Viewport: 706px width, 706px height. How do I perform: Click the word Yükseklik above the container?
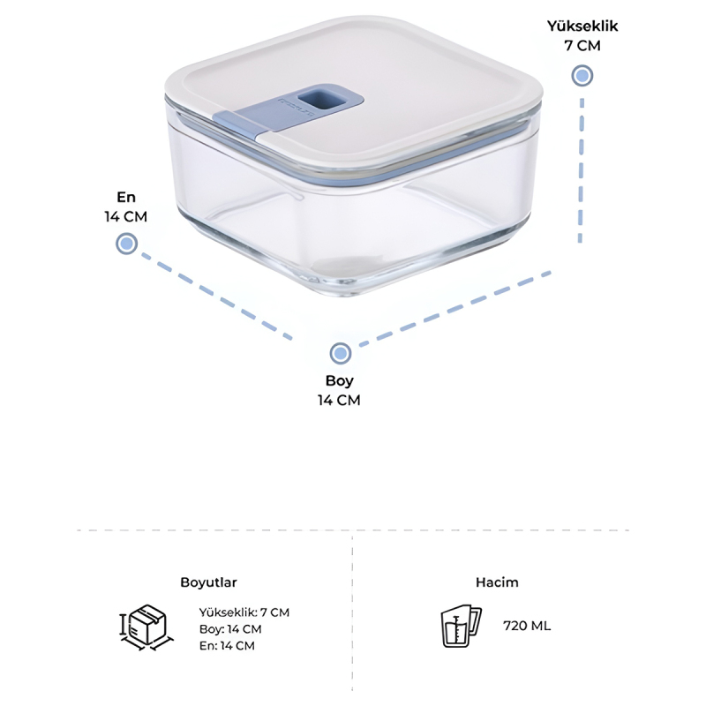(x=582, y=26)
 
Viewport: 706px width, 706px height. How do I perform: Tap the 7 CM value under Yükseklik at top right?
(x=582, y=46)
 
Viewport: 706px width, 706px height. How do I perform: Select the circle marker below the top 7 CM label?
(x=582, y=76)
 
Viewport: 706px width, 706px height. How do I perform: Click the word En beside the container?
(x=126, y=197)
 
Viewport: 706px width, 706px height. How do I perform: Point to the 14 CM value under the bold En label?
(x=126, y=216)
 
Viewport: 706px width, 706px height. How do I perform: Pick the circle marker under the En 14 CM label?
(x=126, y=244)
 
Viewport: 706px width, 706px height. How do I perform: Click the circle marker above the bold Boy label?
(x=341, y=354)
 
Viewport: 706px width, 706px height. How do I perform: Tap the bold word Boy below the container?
(x=340, y=381)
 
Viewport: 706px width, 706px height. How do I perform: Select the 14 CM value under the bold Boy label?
(x=339, y=400)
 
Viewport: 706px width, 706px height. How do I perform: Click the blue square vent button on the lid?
(x=314, y=98)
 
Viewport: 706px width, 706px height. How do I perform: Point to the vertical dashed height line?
(x=582, y=171)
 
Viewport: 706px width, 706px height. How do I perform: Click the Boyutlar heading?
(x=208, y=582)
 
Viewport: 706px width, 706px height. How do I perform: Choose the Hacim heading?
(x=497, y=582)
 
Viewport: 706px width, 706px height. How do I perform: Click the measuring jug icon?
(x=461, y=626)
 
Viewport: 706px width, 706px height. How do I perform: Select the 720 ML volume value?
(x=527, y=626)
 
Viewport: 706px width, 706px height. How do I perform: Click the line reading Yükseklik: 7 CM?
(x=244, y=612)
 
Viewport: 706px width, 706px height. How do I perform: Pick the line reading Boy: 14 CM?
(x=230, y=629)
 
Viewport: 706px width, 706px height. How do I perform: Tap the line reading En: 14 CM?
(x=228, y=646)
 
